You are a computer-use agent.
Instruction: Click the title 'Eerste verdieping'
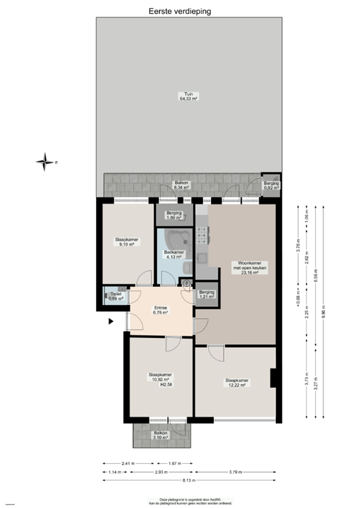pos(179,10)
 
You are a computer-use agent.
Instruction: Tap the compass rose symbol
pos(45,161)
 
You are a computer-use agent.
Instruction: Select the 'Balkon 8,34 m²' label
pos(181,185)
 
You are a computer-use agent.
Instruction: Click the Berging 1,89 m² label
pos(174,215)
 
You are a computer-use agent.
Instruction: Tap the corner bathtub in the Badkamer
pos(177,239)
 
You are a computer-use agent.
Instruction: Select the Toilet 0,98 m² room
pos(115,297)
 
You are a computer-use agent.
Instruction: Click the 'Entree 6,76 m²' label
pos(160,309)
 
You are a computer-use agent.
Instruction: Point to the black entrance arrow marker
pos(111,321)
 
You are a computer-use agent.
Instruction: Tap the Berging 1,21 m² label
pos(206,294)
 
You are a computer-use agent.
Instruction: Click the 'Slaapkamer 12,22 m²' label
pos(236,382)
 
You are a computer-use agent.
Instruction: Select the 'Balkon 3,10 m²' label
pos(161,435)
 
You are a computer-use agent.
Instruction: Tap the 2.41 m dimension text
pos(128,462)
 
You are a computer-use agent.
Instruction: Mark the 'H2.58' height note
pos(166,384)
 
